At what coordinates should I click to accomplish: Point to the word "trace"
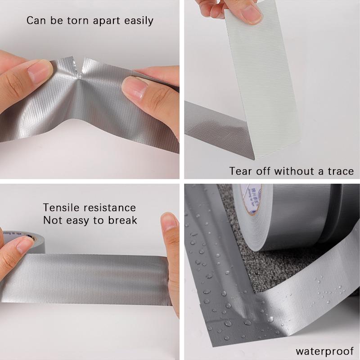tap(339, 171)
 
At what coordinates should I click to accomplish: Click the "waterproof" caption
tap(324, 351)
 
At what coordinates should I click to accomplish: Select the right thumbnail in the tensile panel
tap(170, 225)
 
